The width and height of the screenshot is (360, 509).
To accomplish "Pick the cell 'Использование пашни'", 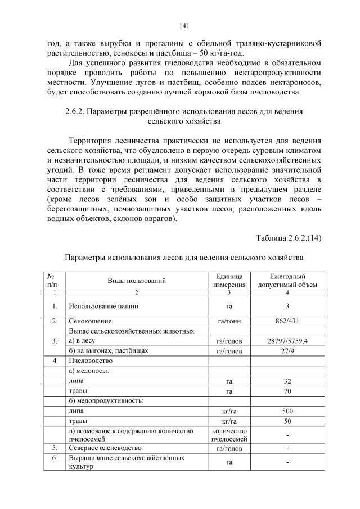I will tap(103, 307).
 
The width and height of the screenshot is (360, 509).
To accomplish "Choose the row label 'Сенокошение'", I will tap(90, 321).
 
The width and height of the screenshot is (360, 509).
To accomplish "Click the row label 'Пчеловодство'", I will tap(91, 361).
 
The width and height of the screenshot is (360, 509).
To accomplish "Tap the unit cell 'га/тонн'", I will tap(229, 321).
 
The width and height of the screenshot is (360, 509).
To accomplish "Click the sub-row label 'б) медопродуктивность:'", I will tap(106, 401).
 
